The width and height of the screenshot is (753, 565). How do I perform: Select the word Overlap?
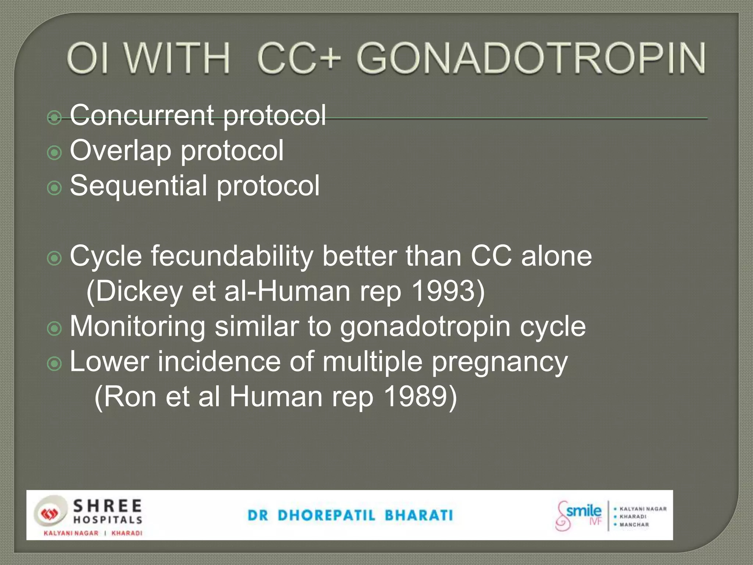tap(121, 150)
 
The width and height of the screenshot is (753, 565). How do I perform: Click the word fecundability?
tap(232, 256)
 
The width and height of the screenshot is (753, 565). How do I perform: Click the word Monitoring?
tap(138, 327)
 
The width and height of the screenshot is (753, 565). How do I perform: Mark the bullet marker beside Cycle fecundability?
tap(54, 258)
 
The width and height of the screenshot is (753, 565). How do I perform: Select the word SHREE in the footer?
tap(107, 506)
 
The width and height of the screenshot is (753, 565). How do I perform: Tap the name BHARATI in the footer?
tap(419, 515)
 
